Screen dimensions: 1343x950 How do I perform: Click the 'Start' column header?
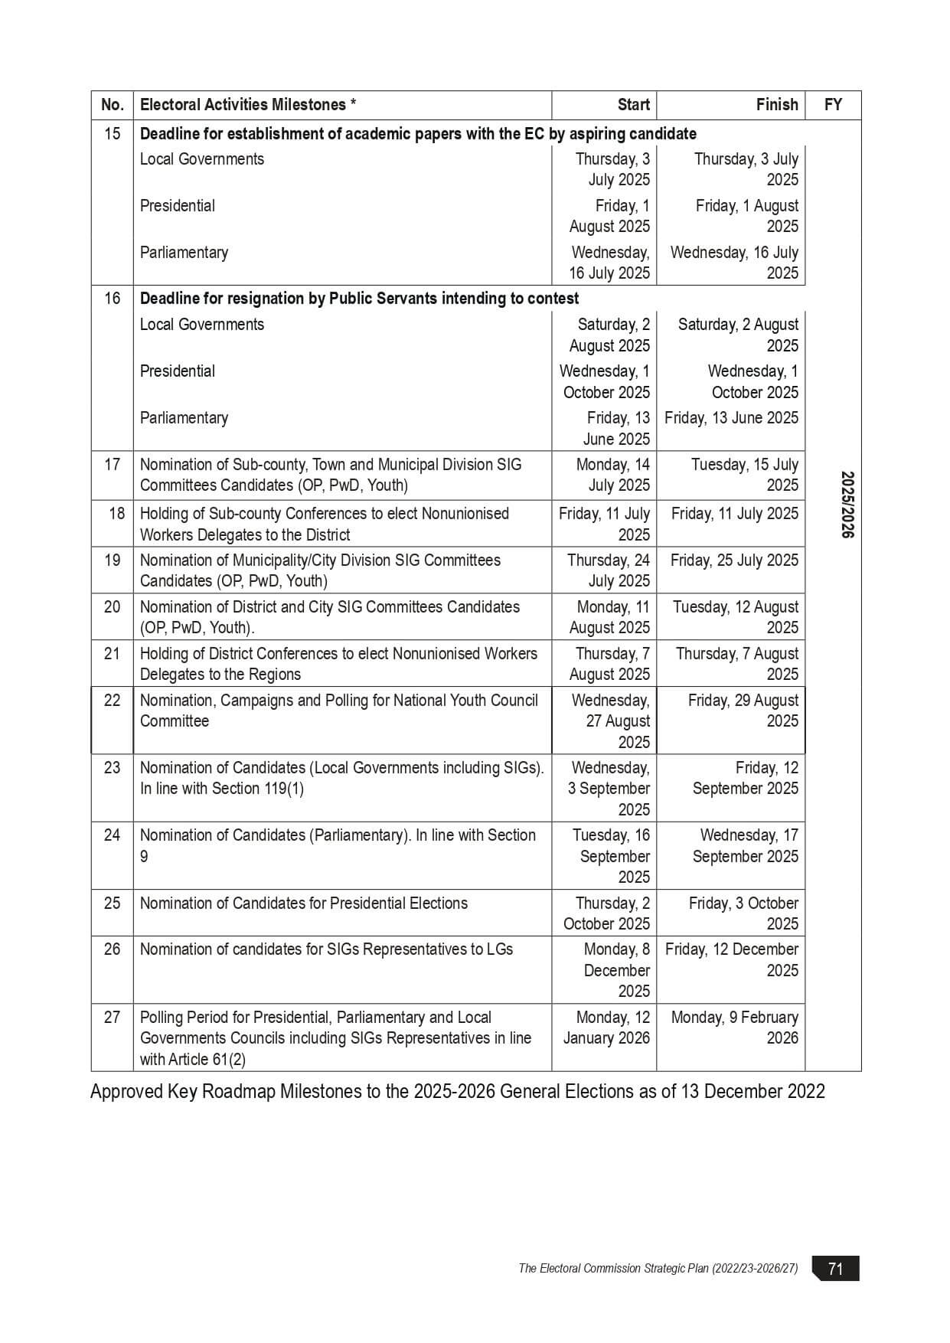(x=633, y=105)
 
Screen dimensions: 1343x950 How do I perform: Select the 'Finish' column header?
(x=776, y=105)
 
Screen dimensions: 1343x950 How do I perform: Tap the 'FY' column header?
(x=833, y=105)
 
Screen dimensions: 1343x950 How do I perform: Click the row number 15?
(x=112, y=134)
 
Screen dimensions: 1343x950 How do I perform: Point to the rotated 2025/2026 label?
(x=847, y=505)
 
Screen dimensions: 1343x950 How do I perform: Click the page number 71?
(x=835, y=1269)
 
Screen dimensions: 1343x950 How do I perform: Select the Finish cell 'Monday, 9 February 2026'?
(x=734, y=1028)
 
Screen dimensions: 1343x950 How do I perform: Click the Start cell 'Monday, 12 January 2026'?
(x=607, y=1028)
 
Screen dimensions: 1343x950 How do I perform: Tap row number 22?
(x=112, y=701)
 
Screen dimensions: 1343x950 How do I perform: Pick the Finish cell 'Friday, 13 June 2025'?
(x=731, y=418)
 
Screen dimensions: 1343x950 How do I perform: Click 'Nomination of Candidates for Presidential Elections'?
(x=303, y=904)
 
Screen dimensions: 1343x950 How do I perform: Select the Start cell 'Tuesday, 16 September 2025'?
(x=612, y=856)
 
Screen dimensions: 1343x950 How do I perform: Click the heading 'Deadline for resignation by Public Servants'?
(x=359, y=299)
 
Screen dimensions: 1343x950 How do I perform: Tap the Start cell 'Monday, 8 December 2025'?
(x=616, y=970)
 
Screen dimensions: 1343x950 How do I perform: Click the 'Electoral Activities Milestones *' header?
(x=248, y=105)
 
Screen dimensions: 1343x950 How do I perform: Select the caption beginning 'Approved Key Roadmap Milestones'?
(x=457, y=1092)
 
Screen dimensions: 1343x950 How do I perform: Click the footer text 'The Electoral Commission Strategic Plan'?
(x=658, y=1269)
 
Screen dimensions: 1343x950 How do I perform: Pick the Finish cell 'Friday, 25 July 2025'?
(x=733, y=560)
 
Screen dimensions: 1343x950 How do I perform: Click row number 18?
(x=116, y=514)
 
